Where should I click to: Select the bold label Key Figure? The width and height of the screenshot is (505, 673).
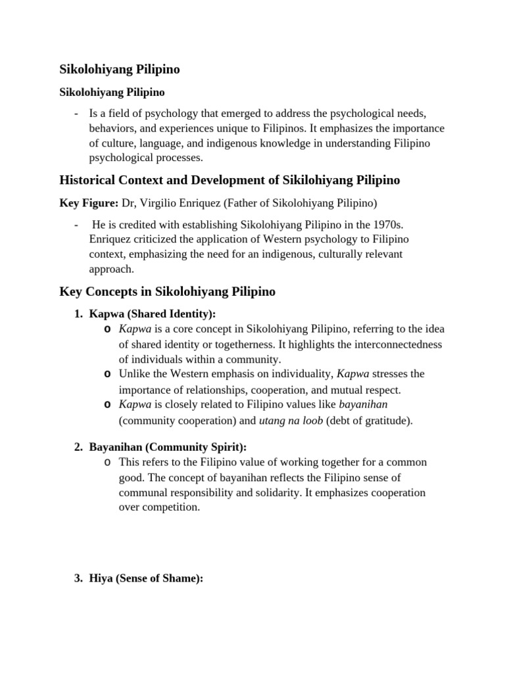click(89, 203)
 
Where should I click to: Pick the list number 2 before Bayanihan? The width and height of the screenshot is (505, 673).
click(77, 448)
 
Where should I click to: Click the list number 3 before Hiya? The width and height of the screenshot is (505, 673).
click(77, 578)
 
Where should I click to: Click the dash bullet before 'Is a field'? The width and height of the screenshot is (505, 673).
click(77, 113)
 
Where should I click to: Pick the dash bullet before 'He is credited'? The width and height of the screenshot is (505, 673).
click(77, 225)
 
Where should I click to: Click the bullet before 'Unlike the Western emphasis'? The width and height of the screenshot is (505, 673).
click(107, 374)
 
